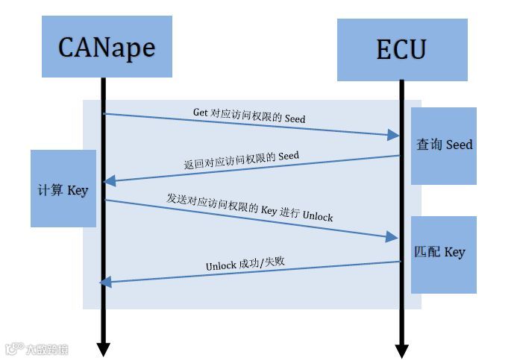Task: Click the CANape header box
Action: (107, 46)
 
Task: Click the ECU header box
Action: (401, 50)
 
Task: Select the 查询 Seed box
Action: (444, 145)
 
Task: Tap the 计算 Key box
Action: (63, 189)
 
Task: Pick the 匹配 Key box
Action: (443, 253)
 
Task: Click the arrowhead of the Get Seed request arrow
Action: (393, 135)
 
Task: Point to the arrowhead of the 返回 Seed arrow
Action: (110, 181)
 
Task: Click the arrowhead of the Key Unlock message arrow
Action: (392, 237)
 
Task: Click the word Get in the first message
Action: (200, 113)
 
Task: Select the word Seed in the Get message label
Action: (295, 119)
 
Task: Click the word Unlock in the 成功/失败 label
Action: (221, 266)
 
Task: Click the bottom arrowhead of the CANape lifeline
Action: (104, 349)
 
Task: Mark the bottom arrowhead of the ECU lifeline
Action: (401, 350)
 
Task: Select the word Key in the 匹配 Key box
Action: (454, 253)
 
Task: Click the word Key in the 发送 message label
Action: (269, 210)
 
